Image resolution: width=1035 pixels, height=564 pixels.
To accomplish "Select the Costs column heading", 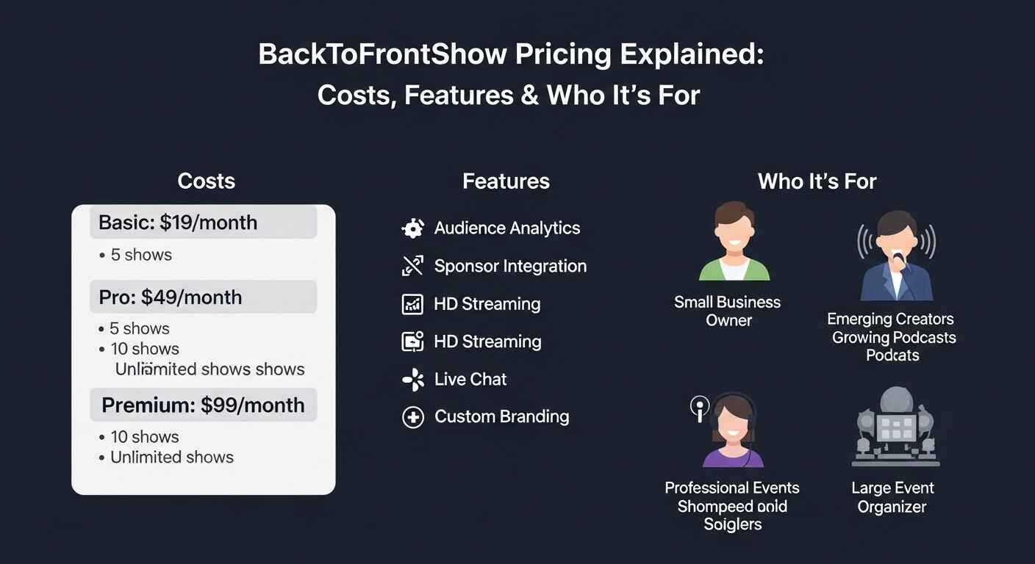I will coord(207,181).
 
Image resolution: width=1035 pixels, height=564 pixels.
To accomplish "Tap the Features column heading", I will coord(506,181).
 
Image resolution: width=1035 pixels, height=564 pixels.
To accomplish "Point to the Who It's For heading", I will coord(817,181).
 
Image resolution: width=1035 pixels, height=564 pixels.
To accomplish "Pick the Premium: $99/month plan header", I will coord(203,405).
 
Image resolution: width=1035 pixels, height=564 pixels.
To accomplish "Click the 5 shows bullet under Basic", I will coord(140,256).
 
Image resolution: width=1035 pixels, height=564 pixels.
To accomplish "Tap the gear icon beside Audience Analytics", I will coord(413,228).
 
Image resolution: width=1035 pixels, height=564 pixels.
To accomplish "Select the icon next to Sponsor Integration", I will coord(413,266).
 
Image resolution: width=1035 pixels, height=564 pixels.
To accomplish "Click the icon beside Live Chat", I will coord(413,380).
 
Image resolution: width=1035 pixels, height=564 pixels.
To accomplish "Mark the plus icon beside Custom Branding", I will coord(413,417).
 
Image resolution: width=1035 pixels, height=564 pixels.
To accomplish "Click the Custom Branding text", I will coord(501,417).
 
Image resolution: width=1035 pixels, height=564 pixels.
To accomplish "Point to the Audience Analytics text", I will coord(506,228).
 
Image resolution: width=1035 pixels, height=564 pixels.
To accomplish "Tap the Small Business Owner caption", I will coord(728,311).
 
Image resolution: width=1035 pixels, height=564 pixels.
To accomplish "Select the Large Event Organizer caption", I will coord(892,497).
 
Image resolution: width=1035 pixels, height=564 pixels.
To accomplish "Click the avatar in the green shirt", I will coord(733,243).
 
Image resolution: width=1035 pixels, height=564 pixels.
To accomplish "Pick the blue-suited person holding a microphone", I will coord(896,256).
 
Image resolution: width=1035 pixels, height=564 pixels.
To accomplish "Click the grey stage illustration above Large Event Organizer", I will coord(895,427).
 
